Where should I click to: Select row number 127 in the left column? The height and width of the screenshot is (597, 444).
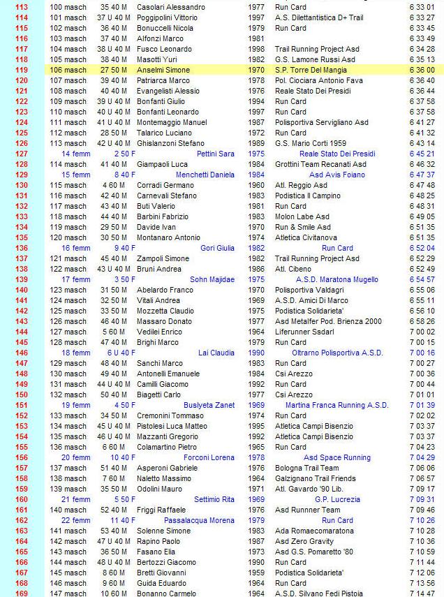22,154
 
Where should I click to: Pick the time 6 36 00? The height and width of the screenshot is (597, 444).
423,71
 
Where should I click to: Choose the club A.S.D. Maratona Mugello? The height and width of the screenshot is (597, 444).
337,279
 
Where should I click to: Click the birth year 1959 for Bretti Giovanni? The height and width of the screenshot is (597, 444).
256,573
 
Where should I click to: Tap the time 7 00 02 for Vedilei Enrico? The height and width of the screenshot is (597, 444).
423,332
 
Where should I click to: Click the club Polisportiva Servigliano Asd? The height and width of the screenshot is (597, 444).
321,122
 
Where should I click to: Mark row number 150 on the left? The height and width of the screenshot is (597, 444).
22,395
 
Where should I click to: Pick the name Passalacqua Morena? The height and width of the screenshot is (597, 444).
199,520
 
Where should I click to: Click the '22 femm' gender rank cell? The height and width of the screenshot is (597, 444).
76,520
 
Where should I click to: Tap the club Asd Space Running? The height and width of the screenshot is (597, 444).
337,457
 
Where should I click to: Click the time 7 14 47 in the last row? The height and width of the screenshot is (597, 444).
423,594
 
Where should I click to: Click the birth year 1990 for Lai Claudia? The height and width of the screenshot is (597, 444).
256,353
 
